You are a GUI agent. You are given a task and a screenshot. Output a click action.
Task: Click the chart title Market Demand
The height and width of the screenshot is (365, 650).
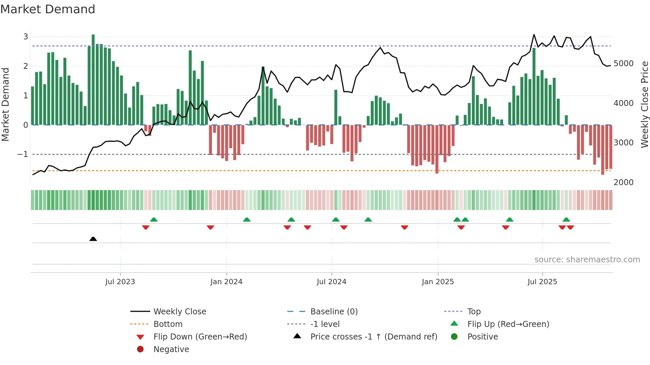pos(48,9)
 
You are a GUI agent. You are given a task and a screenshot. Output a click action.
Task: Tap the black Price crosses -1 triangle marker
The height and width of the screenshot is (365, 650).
pos(93,239)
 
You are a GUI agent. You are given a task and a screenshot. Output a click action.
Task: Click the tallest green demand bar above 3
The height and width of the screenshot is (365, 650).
pos(93,79)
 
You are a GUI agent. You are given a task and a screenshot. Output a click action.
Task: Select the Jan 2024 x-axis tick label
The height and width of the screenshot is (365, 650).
pos(226,282)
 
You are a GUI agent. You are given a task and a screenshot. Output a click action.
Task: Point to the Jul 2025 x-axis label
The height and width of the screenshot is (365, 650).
pos(542,282)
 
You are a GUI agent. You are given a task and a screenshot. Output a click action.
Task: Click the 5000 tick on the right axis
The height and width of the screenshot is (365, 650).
pos(623,64)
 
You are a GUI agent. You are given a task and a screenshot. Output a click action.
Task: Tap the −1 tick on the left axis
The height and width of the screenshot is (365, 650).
pos(23,154)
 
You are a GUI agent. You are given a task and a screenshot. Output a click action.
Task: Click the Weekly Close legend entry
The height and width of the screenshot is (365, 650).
pos(179,312)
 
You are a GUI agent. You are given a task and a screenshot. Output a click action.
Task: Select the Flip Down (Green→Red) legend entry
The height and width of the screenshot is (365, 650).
pos(200,337)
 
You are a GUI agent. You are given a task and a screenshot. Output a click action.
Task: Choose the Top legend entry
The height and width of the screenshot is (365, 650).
pos(474,312)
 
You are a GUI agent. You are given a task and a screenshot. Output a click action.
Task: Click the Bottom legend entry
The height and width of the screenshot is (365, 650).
pos(168,324)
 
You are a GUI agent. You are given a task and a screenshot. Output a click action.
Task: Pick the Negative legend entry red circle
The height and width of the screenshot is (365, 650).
pos(140,349)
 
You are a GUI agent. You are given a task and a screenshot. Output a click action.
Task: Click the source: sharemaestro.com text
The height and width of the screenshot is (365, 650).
pos(587,260)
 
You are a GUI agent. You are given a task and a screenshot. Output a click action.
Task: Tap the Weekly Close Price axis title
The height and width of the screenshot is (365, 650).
pos(644,104)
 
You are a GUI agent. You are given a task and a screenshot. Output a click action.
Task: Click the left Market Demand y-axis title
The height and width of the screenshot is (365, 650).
pos(5,104)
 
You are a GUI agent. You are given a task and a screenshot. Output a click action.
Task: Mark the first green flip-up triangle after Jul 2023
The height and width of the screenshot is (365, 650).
pos(154,220)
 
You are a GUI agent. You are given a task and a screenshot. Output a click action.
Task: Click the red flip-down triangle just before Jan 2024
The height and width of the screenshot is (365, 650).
pos(210,227)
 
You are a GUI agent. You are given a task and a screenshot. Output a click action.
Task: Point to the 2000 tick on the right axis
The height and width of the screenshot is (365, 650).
pos(623,182)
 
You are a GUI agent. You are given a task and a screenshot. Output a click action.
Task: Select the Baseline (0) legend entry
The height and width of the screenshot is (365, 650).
pos(334,312)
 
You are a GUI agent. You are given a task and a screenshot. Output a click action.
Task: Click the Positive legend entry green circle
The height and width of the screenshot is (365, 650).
pos(454,337)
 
